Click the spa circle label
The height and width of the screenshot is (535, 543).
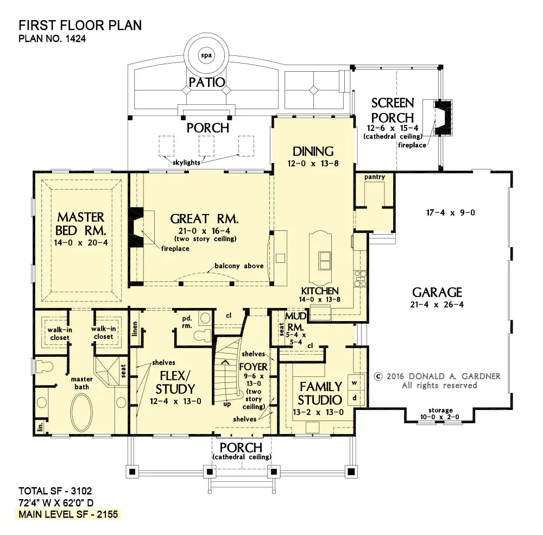206,55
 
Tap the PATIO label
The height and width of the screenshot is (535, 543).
207,83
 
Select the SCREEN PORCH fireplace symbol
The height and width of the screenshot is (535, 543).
443,117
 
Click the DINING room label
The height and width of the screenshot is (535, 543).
313,152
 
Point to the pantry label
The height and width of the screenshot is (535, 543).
374,177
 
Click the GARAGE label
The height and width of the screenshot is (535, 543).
437,292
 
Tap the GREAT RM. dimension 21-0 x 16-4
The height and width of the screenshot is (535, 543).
204,231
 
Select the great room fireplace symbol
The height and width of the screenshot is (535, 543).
136,227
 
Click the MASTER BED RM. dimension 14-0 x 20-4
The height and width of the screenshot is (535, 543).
81,243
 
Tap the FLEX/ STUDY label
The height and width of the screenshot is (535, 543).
175,382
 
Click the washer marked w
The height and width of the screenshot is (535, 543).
355,382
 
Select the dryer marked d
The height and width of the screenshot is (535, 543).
355,398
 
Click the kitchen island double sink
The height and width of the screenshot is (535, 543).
325,261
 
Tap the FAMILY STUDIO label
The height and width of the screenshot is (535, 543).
320,393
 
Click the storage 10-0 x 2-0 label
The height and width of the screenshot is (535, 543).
440,413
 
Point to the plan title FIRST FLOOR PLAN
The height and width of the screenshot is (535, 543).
80,26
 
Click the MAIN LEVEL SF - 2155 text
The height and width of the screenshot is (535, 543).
68,514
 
